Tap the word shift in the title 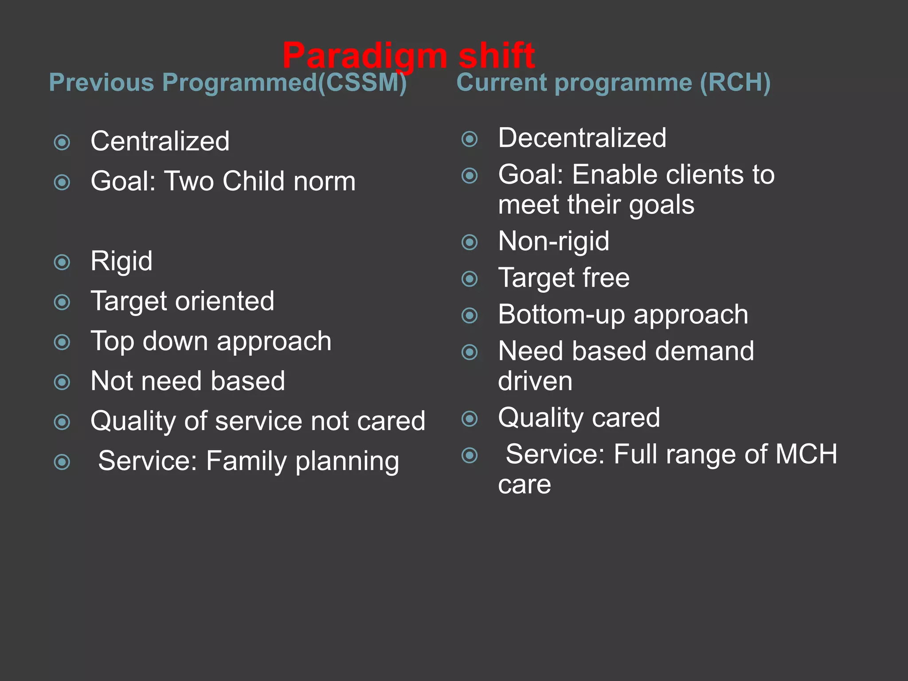497,55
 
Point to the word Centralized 160,141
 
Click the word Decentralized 582,137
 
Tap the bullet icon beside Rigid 62,262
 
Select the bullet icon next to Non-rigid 470,242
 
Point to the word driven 535,381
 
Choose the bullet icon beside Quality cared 470,419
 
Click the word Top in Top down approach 112,341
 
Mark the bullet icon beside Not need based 62,382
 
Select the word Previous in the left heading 102,82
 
